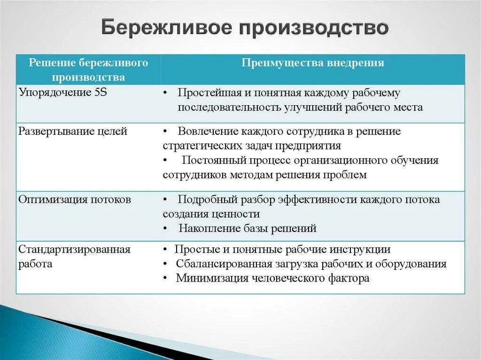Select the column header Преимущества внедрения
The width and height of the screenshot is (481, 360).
(x=313, y=63)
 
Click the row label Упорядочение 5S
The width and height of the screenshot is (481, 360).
(x=63, y=92)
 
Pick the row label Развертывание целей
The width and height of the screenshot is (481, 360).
(x=73, y=131)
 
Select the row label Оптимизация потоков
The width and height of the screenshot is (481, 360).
(x=75, y=199)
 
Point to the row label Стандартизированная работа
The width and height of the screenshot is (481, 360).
(x=74, y=256)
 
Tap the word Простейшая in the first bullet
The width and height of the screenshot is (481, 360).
(x=205, y=92)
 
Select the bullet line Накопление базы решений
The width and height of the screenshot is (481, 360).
(x=248, y=229)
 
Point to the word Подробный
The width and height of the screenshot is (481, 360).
(x=202, y=199)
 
